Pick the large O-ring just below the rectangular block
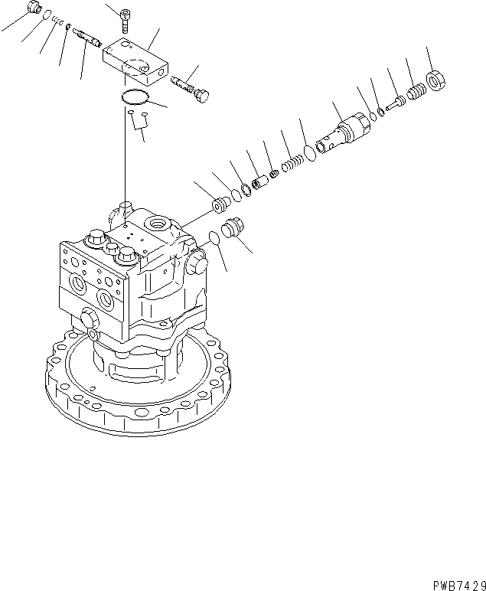point(134,97)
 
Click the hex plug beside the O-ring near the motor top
point(233,230)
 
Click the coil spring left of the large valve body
point(293,165)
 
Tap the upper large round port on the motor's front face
point(80,286)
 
